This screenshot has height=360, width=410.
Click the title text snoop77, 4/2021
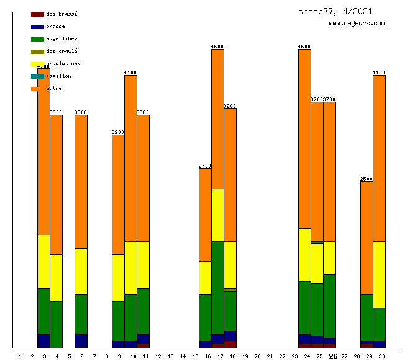point(335,11)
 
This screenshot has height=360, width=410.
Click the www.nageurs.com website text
point(357,24)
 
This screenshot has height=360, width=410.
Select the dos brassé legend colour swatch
point(37,14)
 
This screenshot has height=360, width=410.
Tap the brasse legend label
point(55,26)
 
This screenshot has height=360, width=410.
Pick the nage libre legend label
point(61,38)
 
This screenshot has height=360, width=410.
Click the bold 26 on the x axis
point(333,356)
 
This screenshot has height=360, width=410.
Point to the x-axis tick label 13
point(170,356)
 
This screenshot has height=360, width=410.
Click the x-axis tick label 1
point(20,356)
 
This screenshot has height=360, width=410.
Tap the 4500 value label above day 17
point(217,47)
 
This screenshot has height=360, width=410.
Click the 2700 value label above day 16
point(205,166)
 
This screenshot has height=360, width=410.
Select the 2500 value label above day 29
point(367,179)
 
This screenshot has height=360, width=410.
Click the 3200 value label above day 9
point(118,132)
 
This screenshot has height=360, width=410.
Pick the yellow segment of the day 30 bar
point(379,274)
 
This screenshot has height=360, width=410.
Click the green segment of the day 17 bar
point(217,287)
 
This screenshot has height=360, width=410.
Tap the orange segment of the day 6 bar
point(81,181)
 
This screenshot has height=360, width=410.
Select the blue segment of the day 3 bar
point(43,341)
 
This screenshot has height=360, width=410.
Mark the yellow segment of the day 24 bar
point(304,254)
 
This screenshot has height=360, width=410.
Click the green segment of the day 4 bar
point(56,324)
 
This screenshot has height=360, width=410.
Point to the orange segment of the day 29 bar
point(367,238)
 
